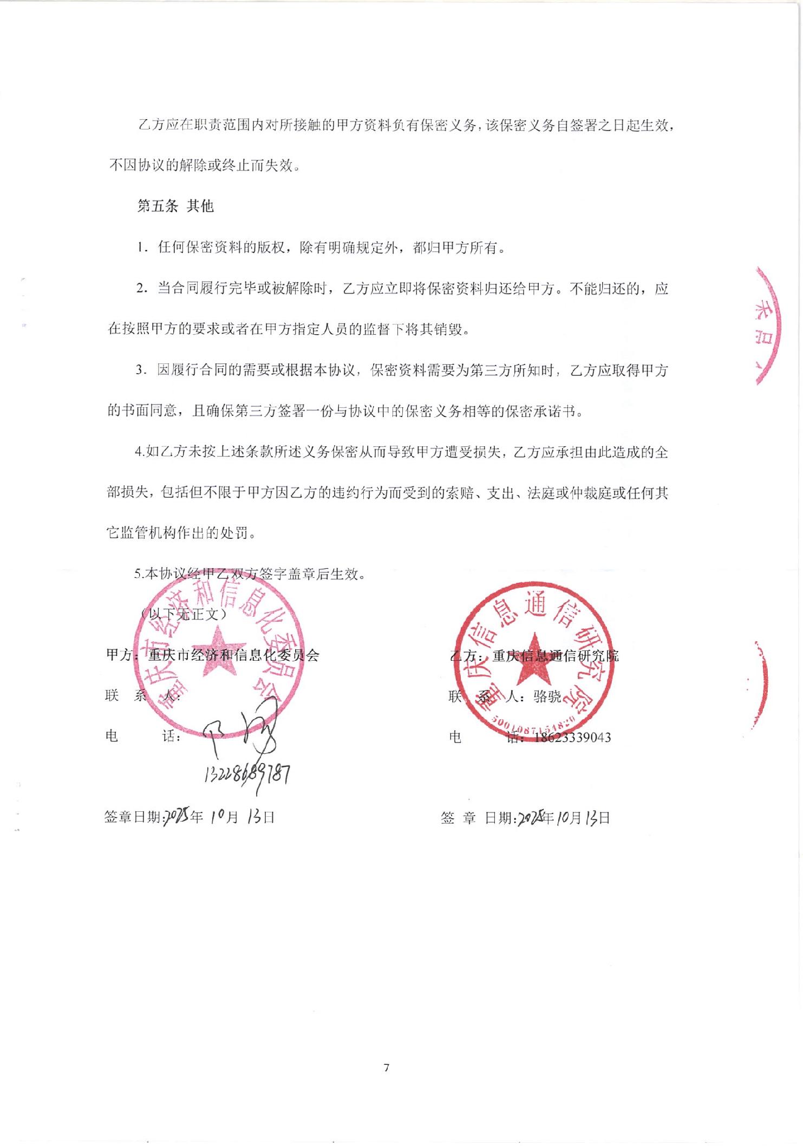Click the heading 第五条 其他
point(175,206)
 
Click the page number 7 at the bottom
point(386,1067)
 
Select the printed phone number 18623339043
point(572,737)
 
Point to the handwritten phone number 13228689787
point(247,774)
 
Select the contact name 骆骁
point(547,696)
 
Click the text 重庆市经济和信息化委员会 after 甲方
point(234,655)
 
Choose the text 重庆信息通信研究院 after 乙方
point(555,656)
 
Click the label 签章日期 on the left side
point(133,817)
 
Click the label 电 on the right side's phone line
point(455,737)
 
